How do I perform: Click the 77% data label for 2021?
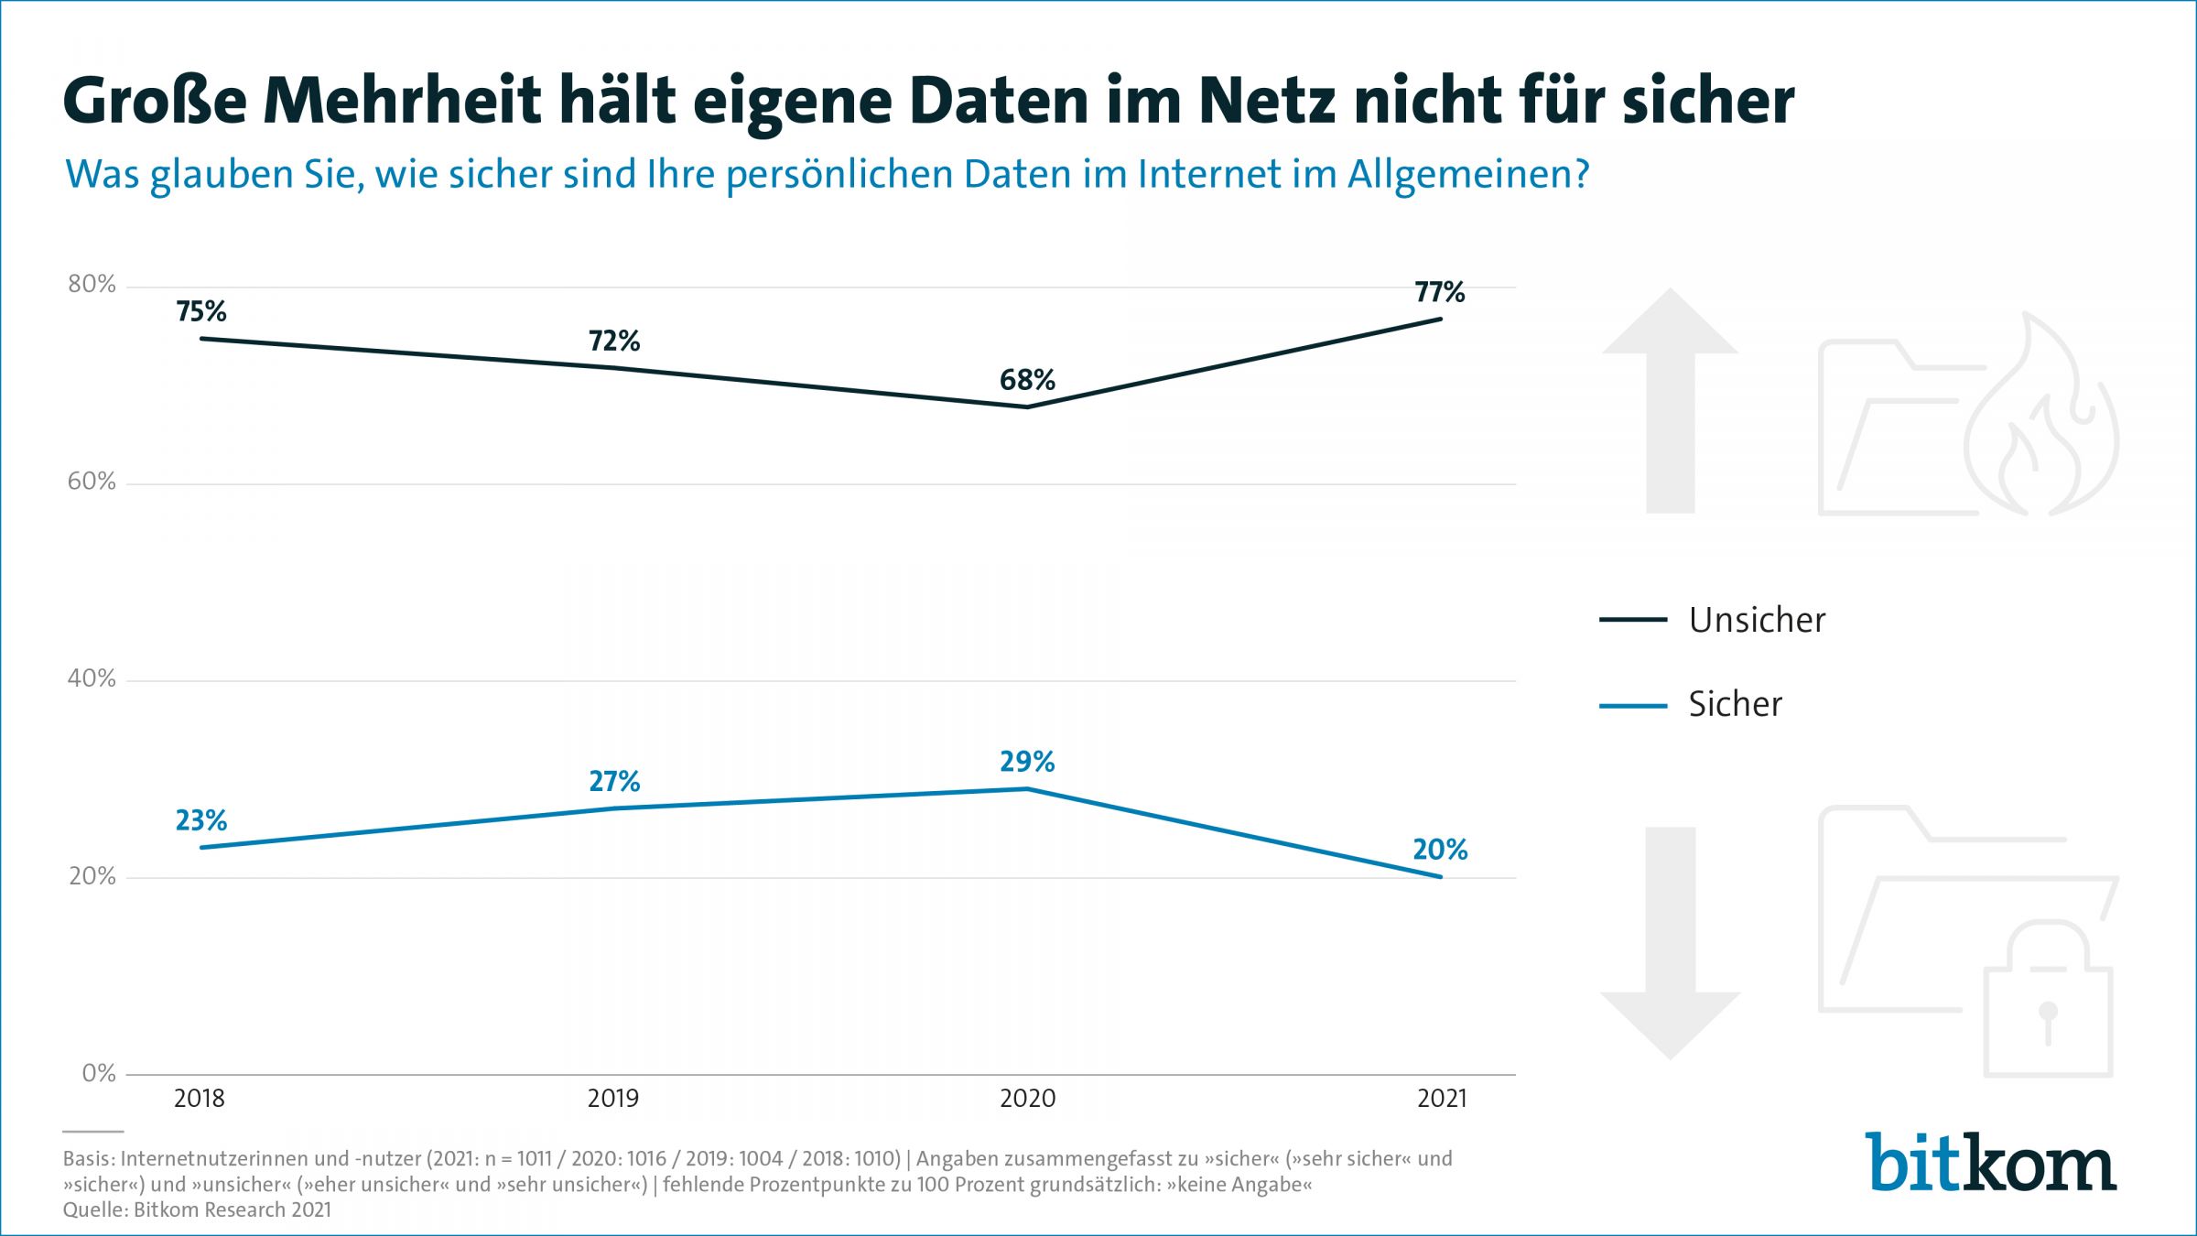point(1439,292)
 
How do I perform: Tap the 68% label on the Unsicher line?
point(1027,380)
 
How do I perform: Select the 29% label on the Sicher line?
point(1027,762)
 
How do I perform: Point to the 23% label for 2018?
point(200,820)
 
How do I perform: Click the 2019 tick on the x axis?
point(612,1098)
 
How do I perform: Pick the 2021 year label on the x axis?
point(1442,1098)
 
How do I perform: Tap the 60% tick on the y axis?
point(92,482)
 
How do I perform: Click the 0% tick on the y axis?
point(99,1073)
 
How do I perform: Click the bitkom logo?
point(1991,1163)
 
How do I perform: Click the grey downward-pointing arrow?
point(1670,943)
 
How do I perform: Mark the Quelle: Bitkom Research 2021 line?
point(197,1209)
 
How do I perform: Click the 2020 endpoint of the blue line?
point(1027,788)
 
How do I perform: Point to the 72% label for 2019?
point(613,342)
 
